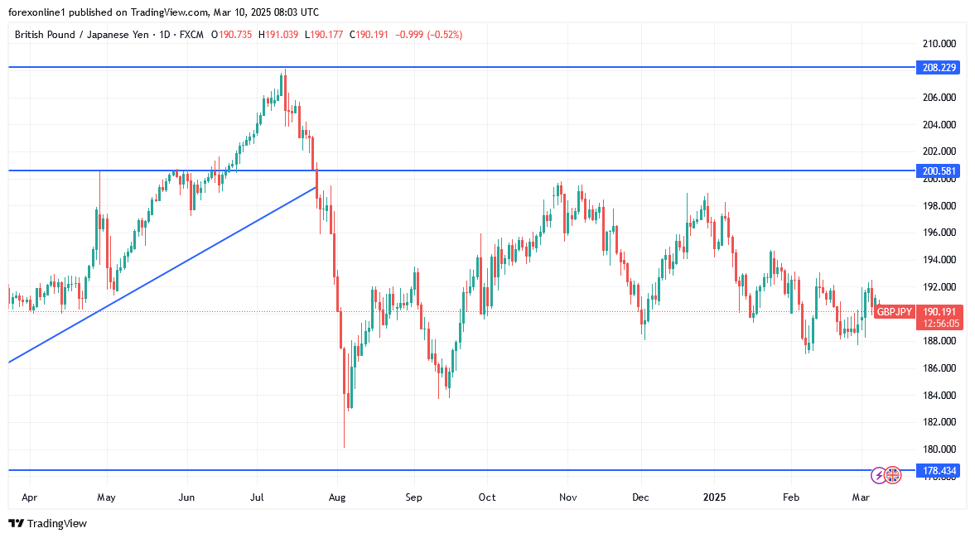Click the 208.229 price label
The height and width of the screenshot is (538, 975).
coord(938,67)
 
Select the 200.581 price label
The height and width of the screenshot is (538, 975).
coord(938,171)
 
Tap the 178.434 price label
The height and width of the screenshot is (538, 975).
coord(938,471)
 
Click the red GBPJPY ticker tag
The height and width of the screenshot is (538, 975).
coord(895,311)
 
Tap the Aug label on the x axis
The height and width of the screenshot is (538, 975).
coord(336,497)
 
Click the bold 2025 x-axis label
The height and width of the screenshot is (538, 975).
coord(714,497)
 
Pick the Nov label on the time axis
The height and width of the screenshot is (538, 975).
coord(567,497)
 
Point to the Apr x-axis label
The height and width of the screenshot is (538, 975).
coord(29,497)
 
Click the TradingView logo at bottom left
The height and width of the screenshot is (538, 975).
coord(47,523)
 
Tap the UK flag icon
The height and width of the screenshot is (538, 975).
coord(892,475)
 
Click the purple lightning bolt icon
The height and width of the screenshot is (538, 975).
coord(878,475)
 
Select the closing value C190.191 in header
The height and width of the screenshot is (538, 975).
coord(372,35)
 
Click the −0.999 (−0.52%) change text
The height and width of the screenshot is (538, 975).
coord(430,35)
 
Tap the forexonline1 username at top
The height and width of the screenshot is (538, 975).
coord(40,12)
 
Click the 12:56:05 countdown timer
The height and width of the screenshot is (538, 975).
coord(938,324)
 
